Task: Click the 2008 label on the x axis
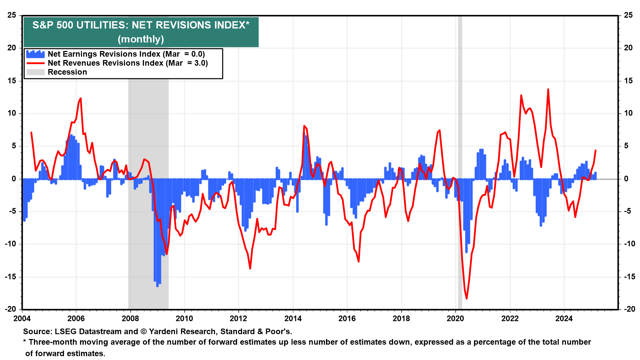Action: [x=130, y=319]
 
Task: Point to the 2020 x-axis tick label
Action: [x=455, y=319]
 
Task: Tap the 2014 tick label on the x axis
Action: [x=293, y=319]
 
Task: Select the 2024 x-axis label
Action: [x=564, y=319]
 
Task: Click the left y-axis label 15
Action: [x=12, y=81]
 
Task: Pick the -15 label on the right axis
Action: [x=628, y=277]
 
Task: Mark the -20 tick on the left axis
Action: [x=11, y=309]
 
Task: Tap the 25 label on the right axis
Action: [x=628, y=15]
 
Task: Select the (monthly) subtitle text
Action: [x=141, y=39]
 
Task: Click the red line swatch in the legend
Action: [x=35, y=63]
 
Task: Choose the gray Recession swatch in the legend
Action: [x=35, y=72]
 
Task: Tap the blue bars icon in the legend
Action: [x=35, y=54]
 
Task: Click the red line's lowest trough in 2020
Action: [x=467, y=298]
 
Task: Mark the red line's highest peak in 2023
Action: [x=548, y=89]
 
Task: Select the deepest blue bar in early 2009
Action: [x=157, y=285]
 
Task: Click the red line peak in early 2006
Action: [x=81, y=98]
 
